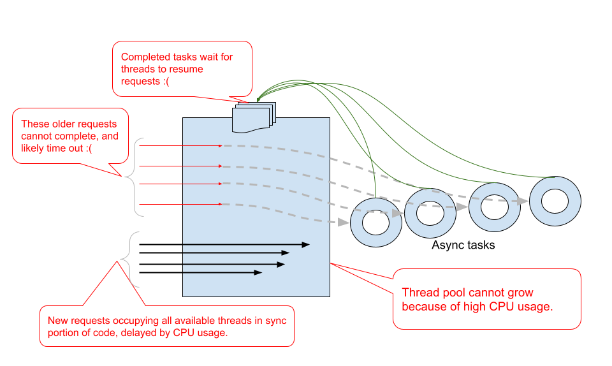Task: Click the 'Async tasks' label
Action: pyautogui.click(x=463, y=245)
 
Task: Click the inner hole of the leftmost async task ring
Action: pyautogui.click(x=376, y=223)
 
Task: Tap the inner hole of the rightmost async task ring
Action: pyautogui.click(x=555, y=201)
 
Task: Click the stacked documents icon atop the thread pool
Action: pyautogui.click(x=254, y=117)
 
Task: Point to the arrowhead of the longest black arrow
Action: pyautogui.click(x=305, y=245)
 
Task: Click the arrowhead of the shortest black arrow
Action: pyautogui.click(x=258, y=272)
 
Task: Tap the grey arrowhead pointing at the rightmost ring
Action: pyautogui.click(x=523, y=201)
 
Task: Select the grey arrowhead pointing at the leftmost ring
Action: pyautogui.click(x=344, y=223)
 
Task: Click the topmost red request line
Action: pyautogui.click(x=180, y=146)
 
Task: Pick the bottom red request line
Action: pyautogui.click(x=180, y=204)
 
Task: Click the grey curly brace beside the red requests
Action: pyautogui.click(x=135, y=177)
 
